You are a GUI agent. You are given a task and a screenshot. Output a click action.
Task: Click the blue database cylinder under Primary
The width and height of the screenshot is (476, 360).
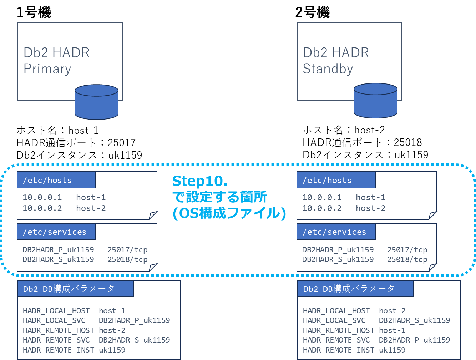coord(97,103)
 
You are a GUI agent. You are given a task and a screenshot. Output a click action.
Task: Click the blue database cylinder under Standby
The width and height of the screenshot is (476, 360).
coord(375,101)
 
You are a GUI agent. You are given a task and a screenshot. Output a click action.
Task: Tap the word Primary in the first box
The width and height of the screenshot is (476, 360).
coord(47,69)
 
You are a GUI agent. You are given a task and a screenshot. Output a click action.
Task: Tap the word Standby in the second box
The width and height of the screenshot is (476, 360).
coord(328,69)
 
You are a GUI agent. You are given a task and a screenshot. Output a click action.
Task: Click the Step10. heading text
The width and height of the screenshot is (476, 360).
coord(199,181)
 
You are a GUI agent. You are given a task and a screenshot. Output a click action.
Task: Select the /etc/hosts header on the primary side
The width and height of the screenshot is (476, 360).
coord(47,180)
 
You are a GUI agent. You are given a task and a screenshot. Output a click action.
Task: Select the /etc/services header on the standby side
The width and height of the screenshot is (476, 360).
coord(334,232)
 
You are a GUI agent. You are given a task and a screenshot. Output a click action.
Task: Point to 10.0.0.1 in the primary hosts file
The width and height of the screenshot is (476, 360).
coord(42,197)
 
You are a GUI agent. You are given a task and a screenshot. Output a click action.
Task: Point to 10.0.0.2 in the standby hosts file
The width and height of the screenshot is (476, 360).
coord(322,208)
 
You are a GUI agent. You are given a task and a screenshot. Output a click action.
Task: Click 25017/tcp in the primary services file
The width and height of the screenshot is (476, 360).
coord(127,250)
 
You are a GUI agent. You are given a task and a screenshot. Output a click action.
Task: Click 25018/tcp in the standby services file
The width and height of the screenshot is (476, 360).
coord(407,259)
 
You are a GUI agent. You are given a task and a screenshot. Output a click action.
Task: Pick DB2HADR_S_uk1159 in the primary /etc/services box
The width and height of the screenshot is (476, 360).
coord(58,259)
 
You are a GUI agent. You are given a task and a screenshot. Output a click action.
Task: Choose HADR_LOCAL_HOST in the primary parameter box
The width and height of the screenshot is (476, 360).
coord(56,311)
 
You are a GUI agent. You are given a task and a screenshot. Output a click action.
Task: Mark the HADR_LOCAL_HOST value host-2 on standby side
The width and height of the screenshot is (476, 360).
coord(392,311)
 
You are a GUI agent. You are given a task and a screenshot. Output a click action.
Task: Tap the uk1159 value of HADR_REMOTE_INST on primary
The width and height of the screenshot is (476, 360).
coord(112,350)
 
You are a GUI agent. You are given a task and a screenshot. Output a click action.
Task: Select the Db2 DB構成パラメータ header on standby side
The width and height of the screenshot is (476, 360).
coord(349,289)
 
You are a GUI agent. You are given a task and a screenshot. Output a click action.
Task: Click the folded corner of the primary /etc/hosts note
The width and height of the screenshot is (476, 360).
coord(153,215)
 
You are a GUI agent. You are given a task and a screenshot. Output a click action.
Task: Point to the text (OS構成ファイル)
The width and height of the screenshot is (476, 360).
coord(229,213)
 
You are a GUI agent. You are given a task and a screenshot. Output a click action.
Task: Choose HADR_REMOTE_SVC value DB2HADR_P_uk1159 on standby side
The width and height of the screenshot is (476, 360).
coord(414,340)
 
